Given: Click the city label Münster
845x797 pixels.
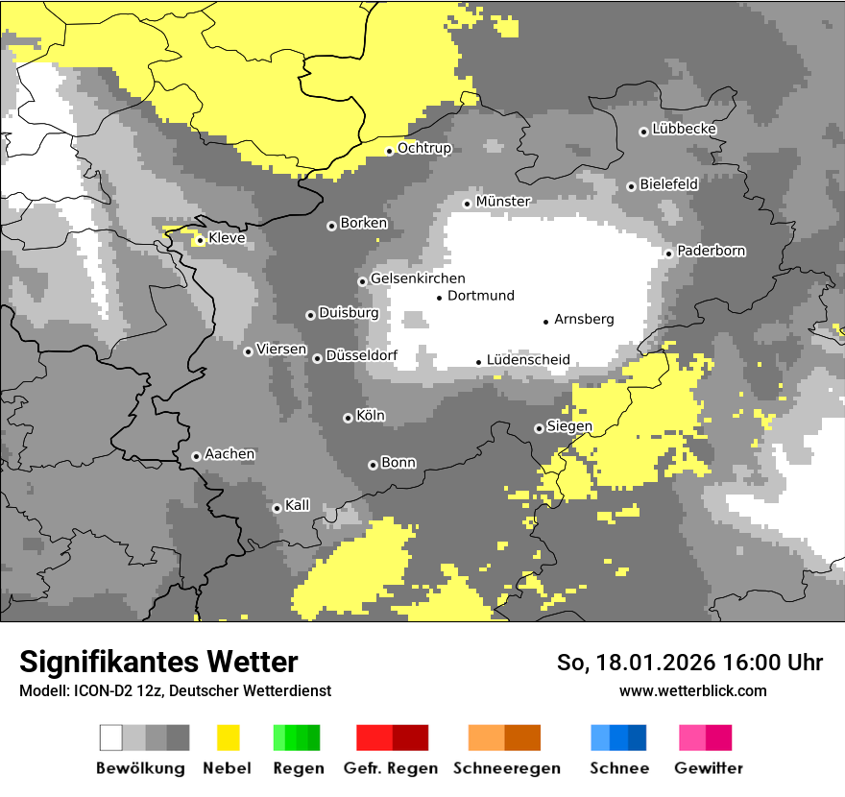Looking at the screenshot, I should [503, 202].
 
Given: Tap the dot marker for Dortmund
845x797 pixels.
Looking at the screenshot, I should [440, 298].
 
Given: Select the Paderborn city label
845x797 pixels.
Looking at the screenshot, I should [712, 251].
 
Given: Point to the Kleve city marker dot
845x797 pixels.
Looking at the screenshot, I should [200, 240].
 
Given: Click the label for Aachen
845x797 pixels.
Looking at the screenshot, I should [229, 454].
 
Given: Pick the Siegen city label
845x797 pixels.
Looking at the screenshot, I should [569, 426].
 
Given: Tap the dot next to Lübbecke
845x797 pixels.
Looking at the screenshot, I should [644, 132].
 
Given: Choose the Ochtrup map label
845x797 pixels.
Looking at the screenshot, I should [424, 149].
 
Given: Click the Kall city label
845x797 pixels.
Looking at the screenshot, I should [298, 505].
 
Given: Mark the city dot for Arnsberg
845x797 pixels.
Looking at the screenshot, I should [546, 322].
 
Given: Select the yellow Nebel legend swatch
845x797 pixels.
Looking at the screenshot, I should [228, 737].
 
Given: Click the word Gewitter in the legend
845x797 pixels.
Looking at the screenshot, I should [709, 768].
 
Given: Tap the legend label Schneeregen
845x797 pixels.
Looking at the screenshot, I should [507, 768].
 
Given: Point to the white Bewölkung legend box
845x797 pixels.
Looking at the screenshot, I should [111, 737].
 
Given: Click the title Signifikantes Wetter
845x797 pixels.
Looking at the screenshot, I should [158, 662].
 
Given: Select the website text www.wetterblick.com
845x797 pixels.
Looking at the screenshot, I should [693, 690].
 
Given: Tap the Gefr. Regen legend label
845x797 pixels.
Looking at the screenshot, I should [391, 768].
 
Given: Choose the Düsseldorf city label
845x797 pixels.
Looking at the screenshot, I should [362, 356].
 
